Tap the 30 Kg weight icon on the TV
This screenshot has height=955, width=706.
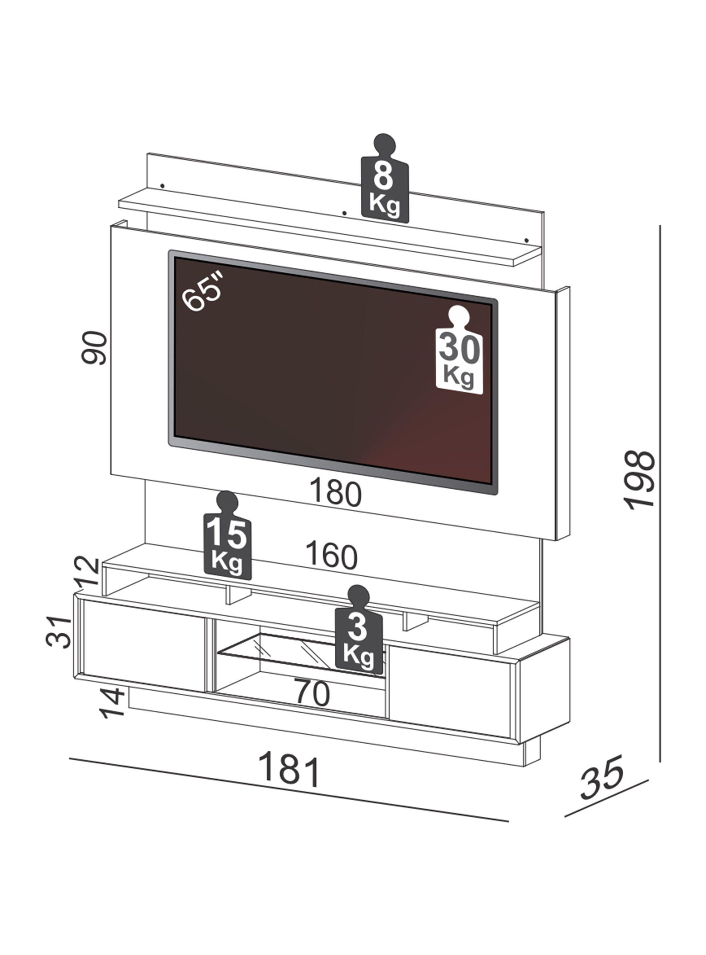[459, 350]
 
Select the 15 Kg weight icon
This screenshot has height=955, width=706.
[227, 535]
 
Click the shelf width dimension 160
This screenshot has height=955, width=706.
[332, 556]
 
